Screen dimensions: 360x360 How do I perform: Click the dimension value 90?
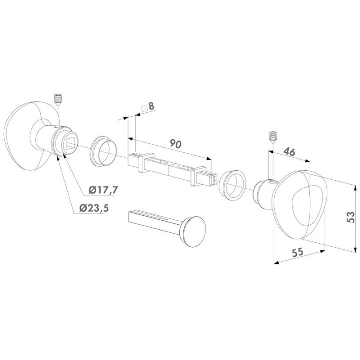(x=174, y=144)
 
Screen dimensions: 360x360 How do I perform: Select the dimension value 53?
(x=351, y=216)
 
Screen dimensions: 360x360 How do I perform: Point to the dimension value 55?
(x=298, y=253)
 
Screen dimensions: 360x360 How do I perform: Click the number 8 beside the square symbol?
(x=151, y=106)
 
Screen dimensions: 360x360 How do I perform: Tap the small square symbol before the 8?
(x=144, y=107)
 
